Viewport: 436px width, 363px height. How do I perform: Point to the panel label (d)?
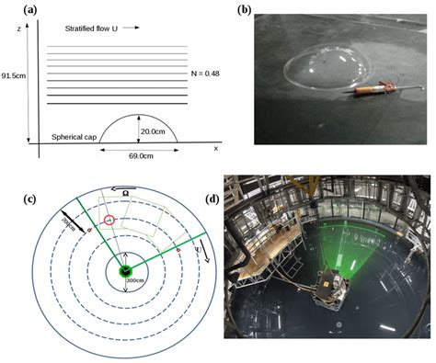[236, 199]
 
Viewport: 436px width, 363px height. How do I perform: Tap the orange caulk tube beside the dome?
[373, 91]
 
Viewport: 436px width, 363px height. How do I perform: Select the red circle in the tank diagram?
[109, 221]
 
